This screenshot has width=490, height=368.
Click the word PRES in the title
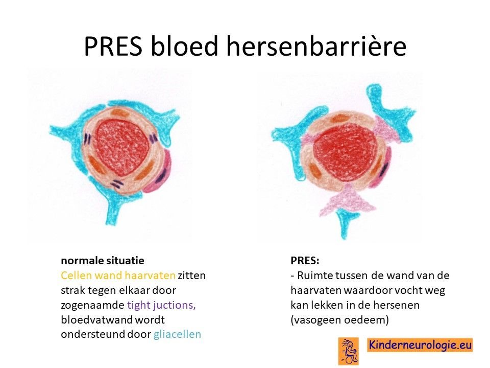[x=113, y=47]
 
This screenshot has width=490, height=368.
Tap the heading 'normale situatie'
[x=103, y=261]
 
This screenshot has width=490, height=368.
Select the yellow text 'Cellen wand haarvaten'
[x=118, y=275]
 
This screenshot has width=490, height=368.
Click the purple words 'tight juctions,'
[x=161, y=305]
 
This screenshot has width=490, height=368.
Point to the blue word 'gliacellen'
[x=177, y=334]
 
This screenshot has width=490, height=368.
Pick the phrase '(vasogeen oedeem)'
[x=340, y=320]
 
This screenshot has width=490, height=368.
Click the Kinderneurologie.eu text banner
[x=420, y=345]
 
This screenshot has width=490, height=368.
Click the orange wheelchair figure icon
[x=349, y=351]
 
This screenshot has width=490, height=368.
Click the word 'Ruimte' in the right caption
[x=315, y=275]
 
